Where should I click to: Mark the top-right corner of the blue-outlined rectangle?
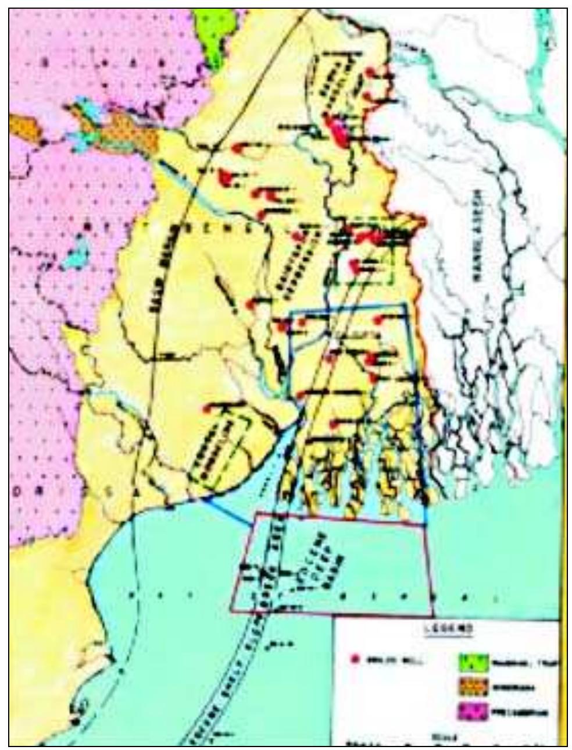click(405, 304)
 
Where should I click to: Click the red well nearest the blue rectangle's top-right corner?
click(378, 319)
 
